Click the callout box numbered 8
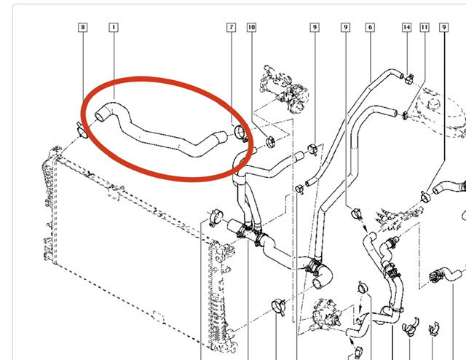(x=82, y=28)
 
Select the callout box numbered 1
(x=114, y=28)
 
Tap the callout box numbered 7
(x=232, y=28)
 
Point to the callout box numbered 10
(x=251, y=28)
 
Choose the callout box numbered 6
(x=370, y=28)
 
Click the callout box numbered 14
(x=406, y=28)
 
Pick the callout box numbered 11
(x=424, y=28)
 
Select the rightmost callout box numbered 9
(x=444, y=28)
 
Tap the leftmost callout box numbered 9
(x=315, y=28)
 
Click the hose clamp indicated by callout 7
(x=240, y=133)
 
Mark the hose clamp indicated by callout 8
(x=82, y=130)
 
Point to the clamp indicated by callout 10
(x=270, y=142)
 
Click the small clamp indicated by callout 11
(x=405, y=115)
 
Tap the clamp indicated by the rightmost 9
(x=425, y=197)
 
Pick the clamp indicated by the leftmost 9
(x=312, y=149)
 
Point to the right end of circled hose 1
(x=221, y=137)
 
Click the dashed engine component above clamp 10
(x=284, y=89)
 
